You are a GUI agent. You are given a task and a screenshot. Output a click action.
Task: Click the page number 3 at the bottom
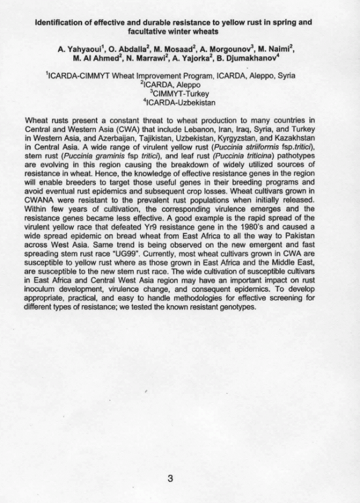(x=170, y=478)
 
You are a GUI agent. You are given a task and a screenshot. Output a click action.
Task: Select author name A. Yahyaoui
(x=81, y=50)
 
